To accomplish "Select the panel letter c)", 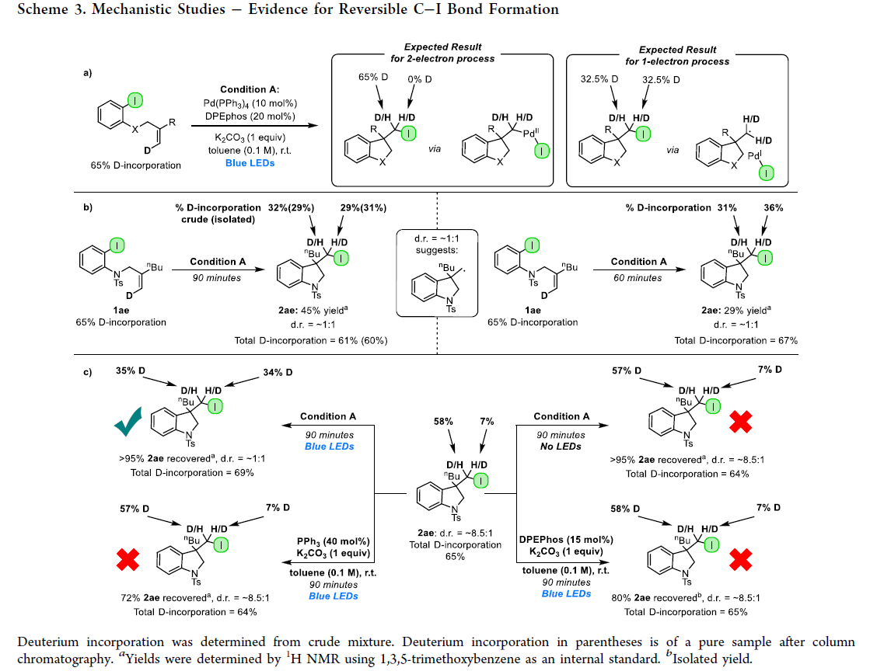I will click(x=88, y=372).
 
